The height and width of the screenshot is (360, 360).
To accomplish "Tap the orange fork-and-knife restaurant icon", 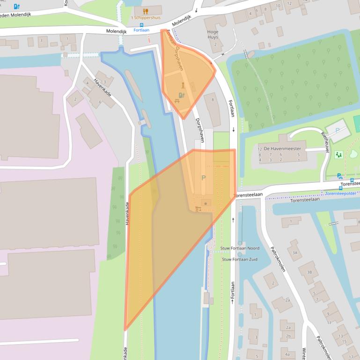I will click(x=145, y=11).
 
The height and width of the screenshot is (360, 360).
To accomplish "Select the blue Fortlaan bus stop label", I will click(x=141, y=30).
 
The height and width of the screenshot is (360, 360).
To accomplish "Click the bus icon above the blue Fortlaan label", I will click(x=142, y=25).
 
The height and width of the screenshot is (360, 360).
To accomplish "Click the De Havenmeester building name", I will click(x=282, y=148).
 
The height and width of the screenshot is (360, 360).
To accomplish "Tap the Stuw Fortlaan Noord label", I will click(x=239, y=248).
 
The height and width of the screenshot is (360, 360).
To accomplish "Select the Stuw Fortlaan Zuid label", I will click(x=239, y=259).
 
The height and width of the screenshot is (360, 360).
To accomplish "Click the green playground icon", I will click(x=338, y=154).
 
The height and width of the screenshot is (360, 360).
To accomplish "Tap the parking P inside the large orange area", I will click(x=203, y=178).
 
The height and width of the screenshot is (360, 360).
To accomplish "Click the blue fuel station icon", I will click(x=17, y=7).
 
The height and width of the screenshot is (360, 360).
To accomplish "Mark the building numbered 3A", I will click(x=295, y=252).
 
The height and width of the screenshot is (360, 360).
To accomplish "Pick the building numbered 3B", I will click(x=309, y=272).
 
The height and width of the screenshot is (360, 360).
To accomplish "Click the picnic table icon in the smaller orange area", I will click(x=177, y=100).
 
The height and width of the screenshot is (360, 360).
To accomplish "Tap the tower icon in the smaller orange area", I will click(x=183, y=86).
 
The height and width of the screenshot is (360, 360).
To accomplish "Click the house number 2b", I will click(x=288, y=336).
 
